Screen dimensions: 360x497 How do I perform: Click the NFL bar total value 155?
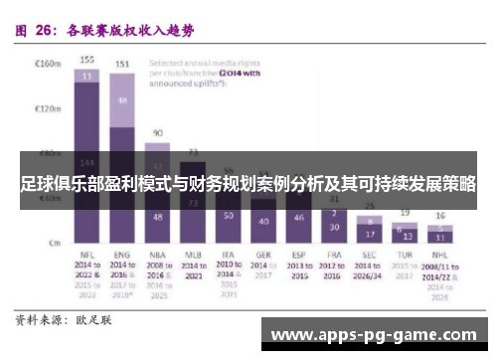87,59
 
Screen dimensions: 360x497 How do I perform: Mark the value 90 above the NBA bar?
157,132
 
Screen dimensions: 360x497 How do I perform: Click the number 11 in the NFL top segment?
87,76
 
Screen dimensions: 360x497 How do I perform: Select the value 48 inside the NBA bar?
157,216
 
